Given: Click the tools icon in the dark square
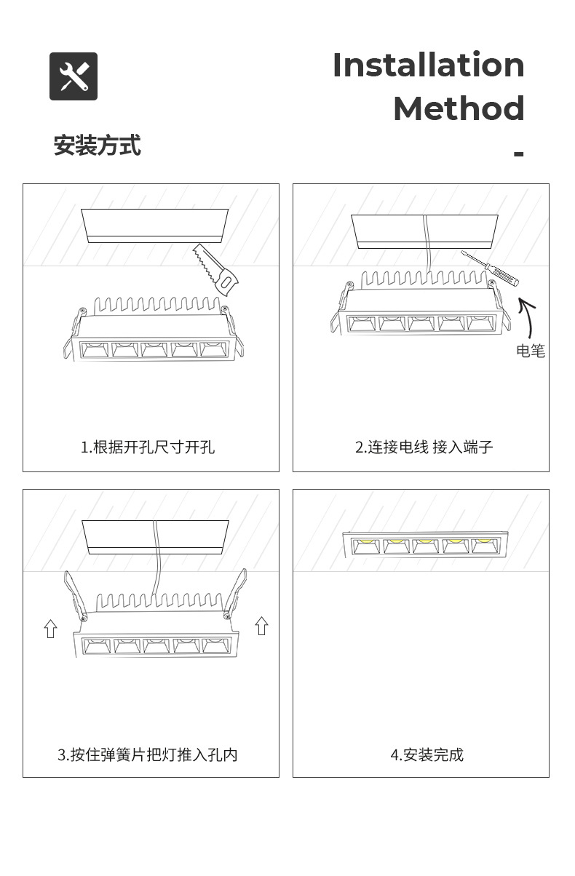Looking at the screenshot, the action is click(74, 76).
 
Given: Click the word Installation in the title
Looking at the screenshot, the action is click(428, 65).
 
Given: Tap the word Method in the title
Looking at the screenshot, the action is click(459, 108).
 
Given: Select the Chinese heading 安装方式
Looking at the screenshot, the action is click(97, 146).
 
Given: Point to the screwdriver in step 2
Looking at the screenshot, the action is click(489, 271).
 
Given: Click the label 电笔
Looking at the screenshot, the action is click(530, 351).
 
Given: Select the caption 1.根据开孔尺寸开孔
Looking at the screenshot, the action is click(148, 447).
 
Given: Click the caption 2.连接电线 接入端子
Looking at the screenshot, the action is click(424, 447).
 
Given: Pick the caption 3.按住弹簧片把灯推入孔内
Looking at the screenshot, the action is click(148, 754).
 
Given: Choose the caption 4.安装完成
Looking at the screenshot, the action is click(427, 754).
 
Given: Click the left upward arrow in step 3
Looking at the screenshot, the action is click(50, 628).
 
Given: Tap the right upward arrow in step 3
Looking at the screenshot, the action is click(262, 625).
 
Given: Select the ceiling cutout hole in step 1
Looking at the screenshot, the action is click(154, 225).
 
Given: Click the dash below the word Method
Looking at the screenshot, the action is click(518, 154).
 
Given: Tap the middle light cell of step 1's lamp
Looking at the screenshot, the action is click(155, 349).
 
